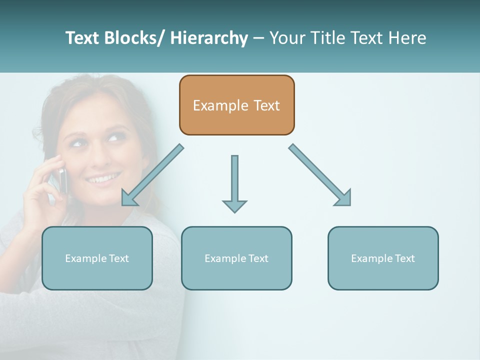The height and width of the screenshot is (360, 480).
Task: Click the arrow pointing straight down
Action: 234,182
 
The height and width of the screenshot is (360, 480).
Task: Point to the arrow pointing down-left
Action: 152,175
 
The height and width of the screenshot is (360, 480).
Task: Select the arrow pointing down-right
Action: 320,175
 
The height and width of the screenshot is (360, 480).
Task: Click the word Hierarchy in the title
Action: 209,38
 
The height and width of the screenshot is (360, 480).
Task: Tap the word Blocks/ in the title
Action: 132,38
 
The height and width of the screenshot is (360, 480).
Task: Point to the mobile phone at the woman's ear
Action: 62,180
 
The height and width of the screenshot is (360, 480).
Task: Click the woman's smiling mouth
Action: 103,178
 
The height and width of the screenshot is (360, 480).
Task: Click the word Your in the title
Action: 286,38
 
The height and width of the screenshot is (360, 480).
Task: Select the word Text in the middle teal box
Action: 258,258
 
